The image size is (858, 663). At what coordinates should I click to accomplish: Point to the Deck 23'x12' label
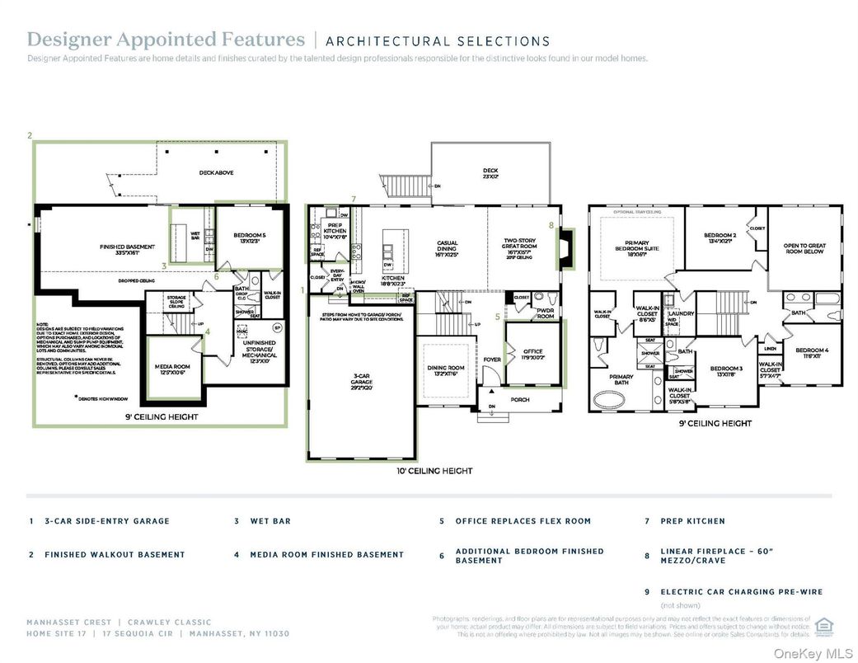tap(490, 174)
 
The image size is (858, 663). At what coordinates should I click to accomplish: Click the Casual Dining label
tap(448, 247)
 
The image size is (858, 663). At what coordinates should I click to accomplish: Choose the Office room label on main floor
tap(533, 355)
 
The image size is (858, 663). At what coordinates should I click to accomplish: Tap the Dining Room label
tap(446, 371)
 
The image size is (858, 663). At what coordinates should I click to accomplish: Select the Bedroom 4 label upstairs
tap(812, 353)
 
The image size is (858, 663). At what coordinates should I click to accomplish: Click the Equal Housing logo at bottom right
tap(822, 625)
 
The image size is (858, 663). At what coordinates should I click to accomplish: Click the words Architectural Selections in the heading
tap(438, 40)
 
